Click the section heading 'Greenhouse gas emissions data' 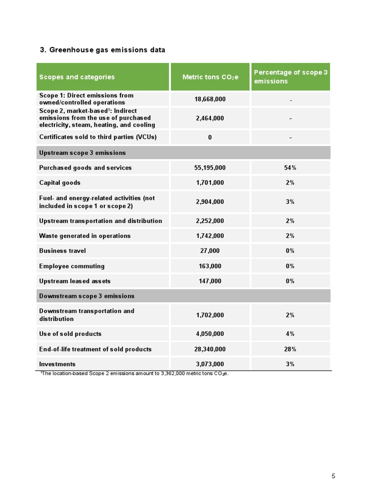(102, 50)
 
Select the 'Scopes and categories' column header (77, 77)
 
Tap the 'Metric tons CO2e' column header (210, 77)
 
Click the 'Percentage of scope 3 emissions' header (290, 76)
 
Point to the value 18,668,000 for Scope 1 (210, 99)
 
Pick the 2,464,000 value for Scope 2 (210, 118)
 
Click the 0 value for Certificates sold (210, 137)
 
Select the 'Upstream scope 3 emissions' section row (82, 153)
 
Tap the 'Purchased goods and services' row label (85, 168)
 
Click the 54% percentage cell (290, 168)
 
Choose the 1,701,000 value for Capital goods (210, 183)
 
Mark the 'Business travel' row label (62, 251)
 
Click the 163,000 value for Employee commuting (210, 266)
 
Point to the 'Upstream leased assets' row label (75, 281)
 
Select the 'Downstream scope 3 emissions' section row (87, 296)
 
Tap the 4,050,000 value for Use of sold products (210, 334)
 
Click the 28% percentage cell (290, 350)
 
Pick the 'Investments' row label (57, 364)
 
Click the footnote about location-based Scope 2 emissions (134, 374)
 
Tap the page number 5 (333, 476)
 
